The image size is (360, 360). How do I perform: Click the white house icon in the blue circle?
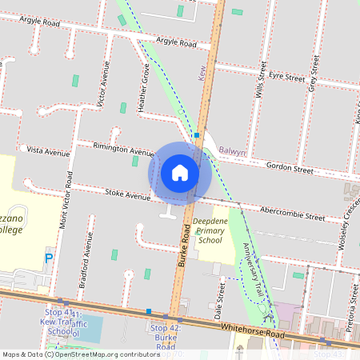pos(180,172)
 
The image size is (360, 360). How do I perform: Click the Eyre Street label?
pos(286,77)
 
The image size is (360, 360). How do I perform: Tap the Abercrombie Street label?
pos(292,214)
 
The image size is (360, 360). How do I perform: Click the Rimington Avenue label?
pos(123,149)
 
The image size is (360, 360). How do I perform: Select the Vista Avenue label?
pos(48,150)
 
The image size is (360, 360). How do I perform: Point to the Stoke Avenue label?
pos(127,195)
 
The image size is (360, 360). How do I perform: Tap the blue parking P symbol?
pos(48,258)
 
